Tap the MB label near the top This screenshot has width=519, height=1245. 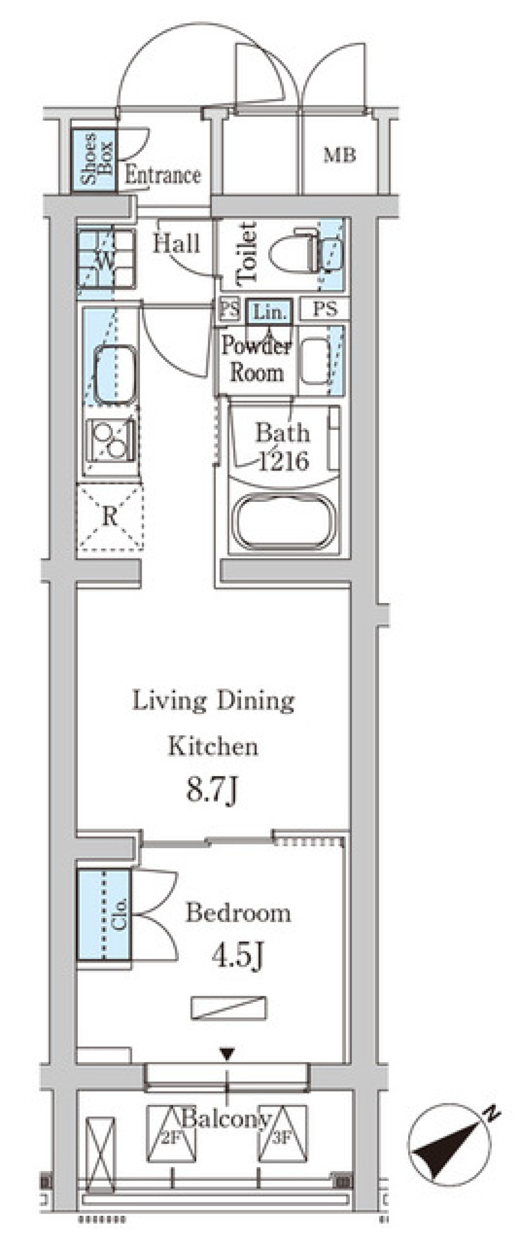tap(340, 156)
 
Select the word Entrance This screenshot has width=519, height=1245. tap(163, 175)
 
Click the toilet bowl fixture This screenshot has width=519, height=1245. tap(295, 251)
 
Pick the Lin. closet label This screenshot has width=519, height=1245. tap(269, 312)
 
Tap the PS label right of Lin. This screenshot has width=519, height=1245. tap(325, 309)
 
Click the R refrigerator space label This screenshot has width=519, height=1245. tap(110, 517)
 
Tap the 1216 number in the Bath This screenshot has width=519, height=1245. tap(283, 461)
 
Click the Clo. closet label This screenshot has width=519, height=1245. tap(119, 913)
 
